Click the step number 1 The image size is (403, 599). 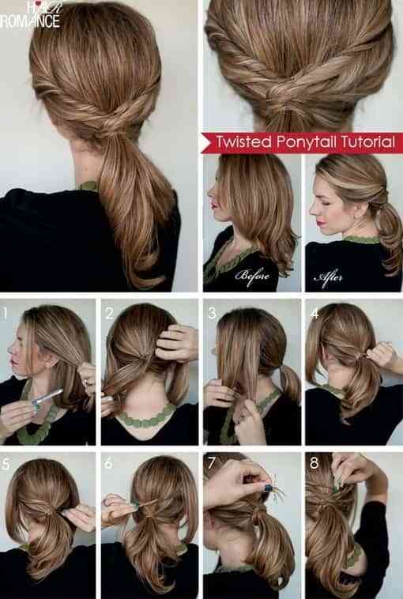coord(5,313)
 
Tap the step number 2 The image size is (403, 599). coord(109,313)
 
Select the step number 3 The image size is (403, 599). coord(212,313)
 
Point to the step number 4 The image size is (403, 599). coord(314,313)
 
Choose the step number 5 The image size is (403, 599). coord(6,463)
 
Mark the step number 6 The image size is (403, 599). coord(109,463)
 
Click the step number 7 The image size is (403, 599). coord(212,463)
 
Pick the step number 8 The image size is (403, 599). coord(314,463)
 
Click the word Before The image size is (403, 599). coord(252,276)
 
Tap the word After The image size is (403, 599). coord(328,277)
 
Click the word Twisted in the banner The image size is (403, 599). coord(243,141)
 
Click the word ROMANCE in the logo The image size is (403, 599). coord(30,21)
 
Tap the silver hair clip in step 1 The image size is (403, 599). coord(47,397)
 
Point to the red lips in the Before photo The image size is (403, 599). coord(213,206)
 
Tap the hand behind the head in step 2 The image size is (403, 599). coord(176,343)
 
